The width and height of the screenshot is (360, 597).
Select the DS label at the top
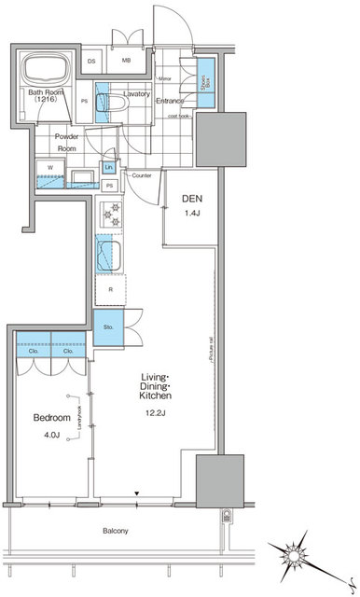click(x=92, y=62)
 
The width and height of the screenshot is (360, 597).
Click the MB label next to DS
click(x=126, y=62)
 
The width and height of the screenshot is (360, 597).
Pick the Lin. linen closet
click(x=109, y=167)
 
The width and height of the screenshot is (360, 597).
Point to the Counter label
click(x=142, y=175)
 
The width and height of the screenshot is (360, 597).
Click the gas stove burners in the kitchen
click(x=110, y=216)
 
